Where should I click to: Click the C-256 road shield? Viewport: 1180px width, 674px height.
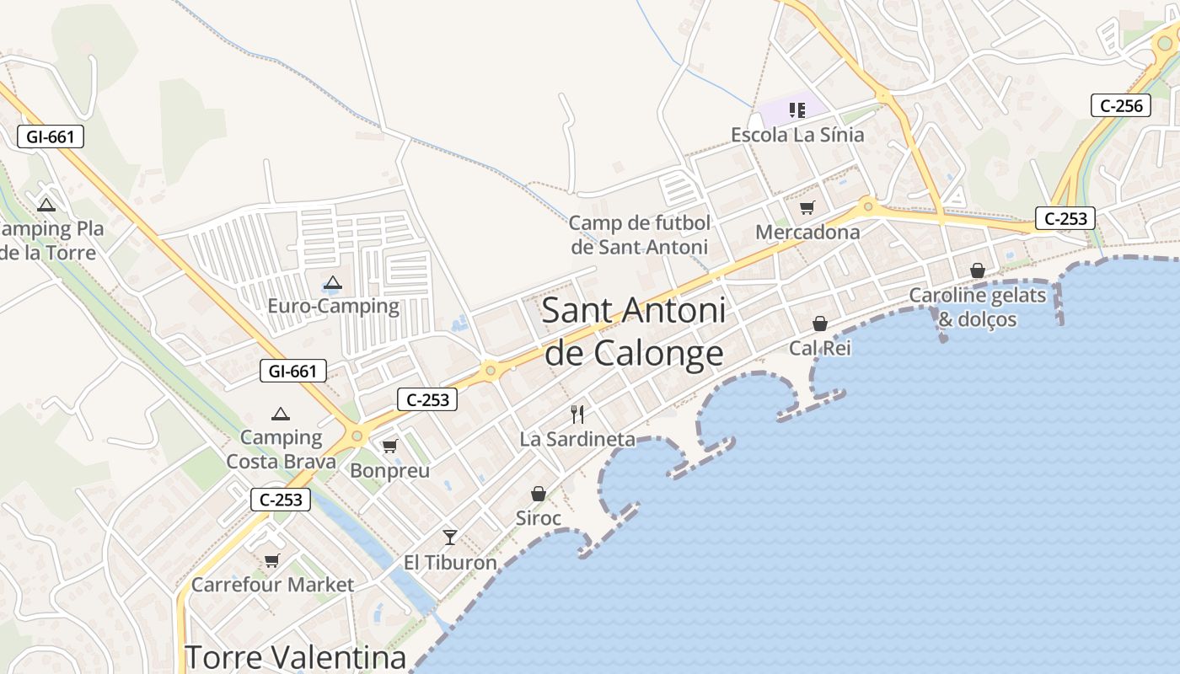pos(1120,105)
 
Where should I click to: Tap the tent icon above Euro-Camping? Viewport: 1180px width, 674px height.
pos(333,283)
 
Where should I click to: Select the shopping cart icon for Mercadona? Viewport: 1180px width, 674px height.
pos(807,207)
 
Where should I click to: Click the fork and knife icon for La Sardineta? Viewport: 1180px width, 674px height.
pos(577,414)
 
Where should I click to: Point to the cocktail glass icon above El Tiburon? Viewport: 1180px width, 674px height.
pos(450,537)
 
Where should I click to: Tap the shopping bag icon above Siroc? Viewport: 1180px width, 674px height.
pos(539,494)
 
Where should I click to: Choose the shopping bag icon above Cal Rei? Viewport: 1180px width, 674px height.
pos(819,323)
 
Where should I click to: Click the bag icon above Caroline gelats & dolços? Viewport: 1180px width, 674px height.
pos(978,270)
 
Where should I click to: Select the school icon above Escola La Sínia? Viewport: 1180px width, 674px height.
pos(796,110)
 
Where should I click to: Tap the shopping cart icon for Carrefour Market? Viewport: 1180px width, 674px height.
pos(271,560)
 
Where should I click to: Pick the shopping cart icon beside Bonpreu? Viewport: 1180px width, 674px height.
pos(389,446)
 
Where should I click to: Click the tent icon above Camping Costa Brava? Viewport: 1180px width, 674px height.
pos(281,414)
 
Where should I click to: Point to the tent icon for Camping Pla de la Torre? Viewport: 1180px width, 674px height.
pos(46,205)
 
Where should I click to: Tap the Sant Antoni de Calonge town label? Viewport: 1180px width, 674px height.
pos(634,332)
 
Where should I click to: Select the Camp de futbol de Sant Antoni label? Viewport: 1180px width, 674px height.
pos(640,235)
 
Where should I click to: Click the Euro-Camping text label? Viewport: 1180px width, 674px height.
pos(333,306)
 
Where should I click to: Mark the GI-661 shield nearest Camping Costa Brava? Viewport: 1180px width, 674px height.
pos(292,371)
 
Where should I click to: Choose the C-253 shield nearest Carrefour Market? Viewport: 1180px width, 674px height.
pos(281,500)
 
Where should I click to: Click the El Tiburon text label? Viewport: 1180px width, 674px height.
pos(450,562)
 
